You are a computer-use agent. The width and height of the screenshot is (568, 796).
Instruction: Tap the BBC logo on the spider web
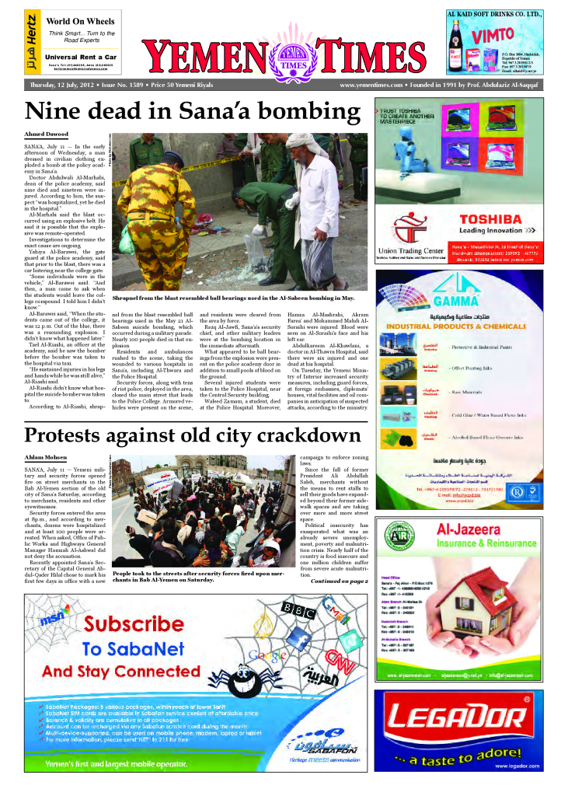point(298,607)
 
